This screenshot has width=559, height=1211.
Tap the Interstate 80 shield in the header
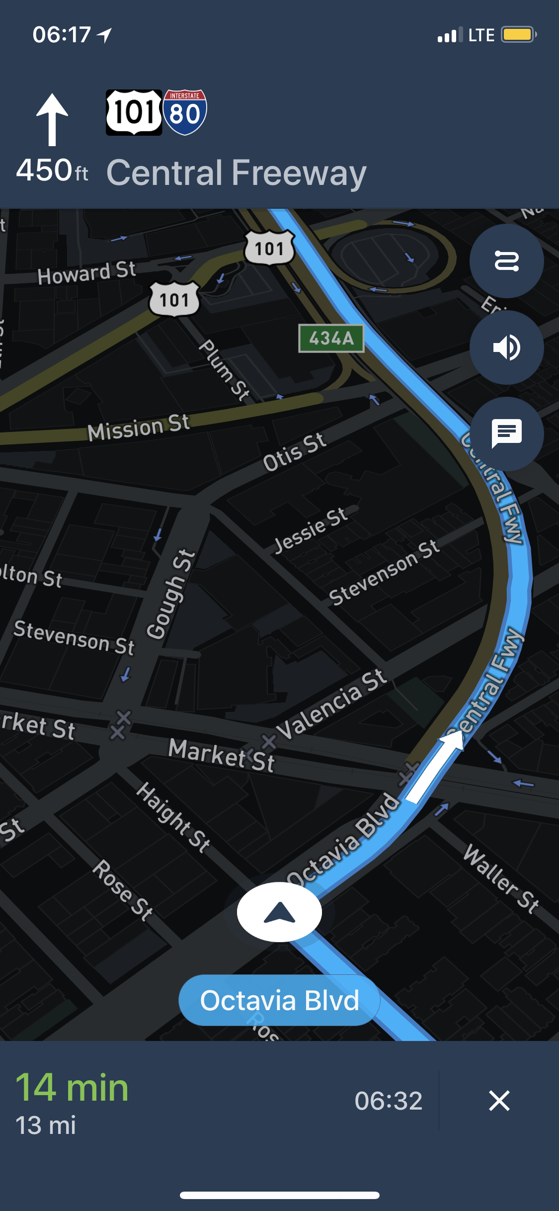[185, 112]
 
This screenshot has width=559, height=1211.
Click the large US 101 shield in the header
[134, 112]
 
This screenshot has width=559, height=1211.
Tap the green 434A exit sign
[331, 339]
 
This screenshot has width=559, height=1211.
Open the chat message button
[506, 433]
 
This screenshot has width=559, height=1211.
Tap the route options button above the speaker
[506, 261]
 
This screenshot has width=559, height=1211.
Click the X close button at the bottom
[499, 1100]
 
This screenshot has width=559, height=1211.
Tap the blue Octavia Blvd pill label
[279, 1000]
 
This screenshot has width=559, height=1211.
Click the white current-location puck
[279, 912]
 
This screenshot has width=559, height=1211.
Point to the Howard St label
[86, 272]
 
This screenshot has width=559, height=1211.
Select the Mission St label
[139, 428]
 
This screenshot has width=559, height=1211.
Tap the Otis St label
[294, 452]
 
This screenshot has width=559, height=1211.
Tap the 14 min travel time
[73, 1088]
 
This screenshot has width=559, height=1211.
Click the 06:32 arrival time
[388, 1101]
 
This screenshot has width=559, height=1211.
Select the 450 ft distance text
[52, 171]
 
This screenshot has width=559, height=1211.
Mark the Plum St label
[224, 369]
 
